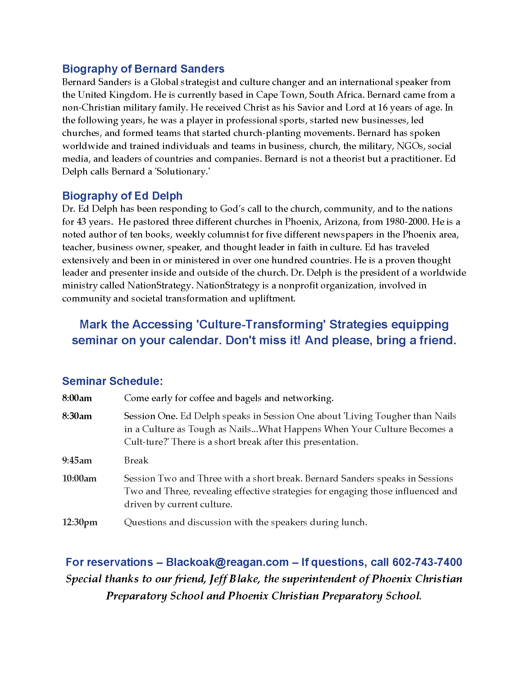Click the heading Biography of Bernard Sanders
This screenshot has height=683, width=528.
point(143,69)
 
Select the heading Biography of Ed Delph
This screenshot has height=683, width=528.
point(122,196)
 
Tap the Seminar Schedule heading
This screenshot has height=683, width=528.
point(112,381)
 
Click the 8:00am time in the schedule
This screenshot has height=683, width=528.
point(77,398)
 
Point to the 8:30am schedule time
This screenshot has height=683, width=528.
point(77,416)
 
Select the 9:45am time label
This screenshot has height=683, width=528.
point(77,460)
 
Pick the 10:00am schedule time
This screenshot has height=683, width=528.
point(79,478)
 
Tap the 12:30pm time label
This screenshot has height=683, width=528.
point(80,522)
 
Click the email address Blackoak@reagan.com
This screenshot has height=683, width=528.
point(227,562)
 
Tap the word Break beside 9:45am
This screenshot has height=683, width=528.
point(136,460)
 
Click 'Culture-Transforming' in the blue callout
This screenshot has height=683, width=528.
point(261,325)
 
